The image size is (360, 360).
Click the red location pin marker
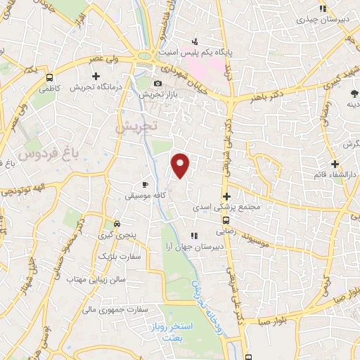click(181, 165)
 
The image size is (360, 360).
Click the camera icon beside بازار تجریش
click(157, 84)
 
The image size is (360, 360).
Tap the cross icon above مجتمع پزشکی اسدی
click(226, 196)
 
